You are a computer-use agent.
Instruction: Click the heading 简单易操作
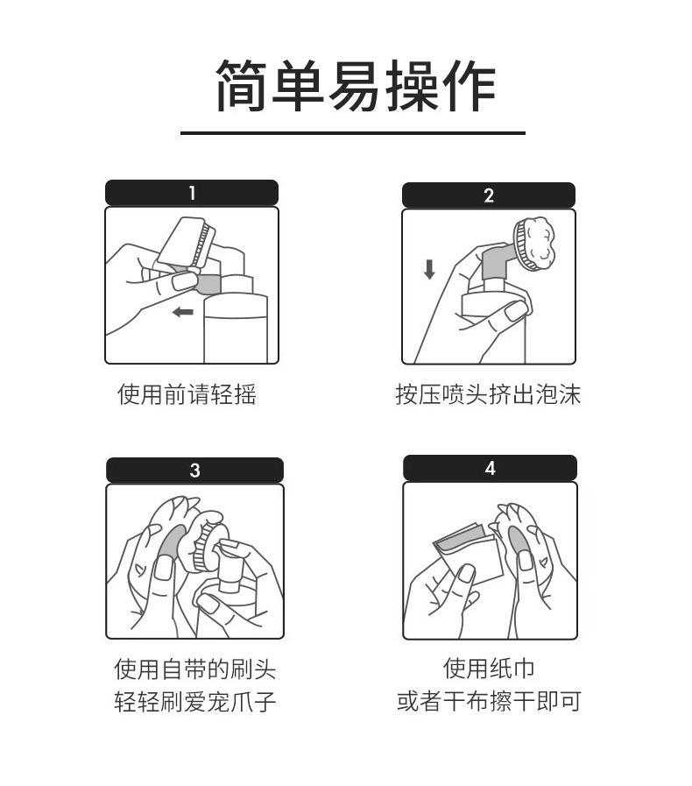pos(355,86)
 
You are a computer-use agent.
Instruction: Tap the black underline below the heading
pos(352,133)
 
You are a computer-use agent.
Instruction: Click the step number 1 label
pos(192,193)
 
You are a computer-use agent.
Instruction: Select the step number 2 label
pos(489,195)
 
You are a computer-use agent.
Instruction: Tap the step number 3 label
pos(194,471)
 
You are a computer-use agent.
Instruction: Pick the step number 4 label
pos(490,468)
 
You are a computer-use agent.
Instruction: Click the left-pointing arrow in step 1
pos(182,312)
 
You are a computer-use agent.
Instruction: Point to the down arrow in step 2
pos(429,269)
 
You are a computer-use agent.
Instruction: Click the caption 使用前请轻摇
pos(187,394)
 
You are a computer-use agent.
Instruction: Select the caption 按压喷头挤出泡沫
pos(488,394)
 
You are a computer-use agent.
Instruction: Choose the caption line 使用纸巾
pos(489,669)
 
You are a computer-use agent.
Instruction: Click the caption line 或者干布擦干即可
pos(489,702)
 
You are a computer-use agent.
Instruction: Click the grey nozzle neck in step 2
pos(498,262)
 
